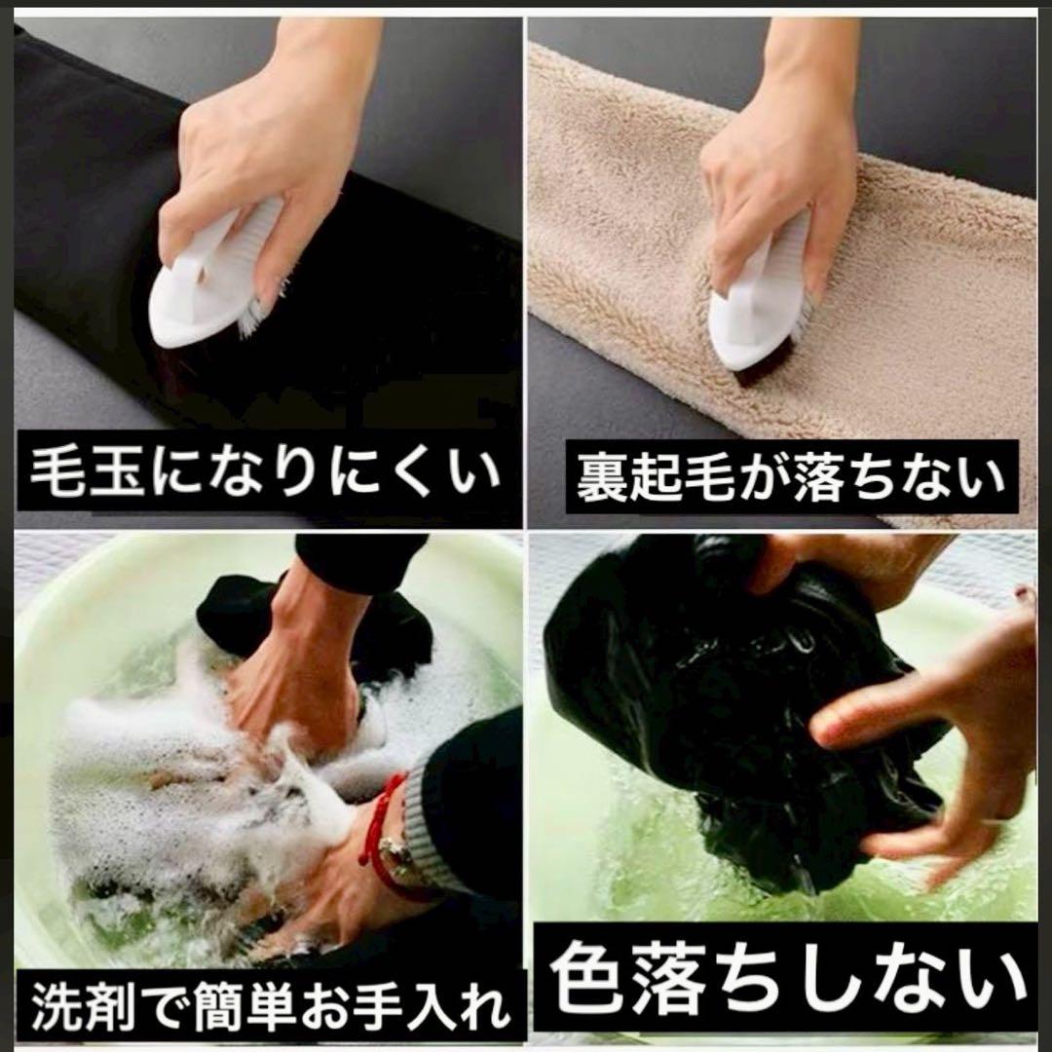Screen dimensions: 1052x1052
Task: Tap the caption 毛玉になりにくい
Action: (266, 471)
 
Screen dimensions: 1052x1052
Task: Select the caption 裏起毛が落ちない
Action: (791, 476)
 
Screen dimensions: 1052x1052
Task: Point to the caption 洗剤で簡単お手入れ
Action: (269, 1007)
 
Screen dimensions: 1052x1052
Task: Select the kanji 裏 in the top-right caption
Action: (601, 477)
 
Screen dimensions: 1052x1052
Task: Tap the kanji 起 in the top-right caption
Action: (655, 477)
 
